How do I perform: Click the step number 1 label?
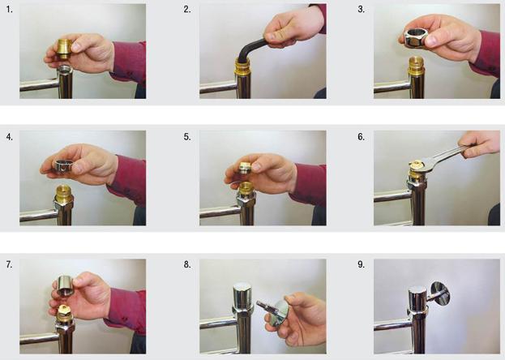click(x=10, y=10)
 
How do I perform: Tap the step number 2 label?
click(x=187, y=10)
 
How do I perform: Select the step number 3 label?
click(x=361, y=10)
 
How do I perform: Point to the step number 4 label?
click(x=10, y=137)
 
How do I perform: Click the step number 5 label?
click(x=187, y=137)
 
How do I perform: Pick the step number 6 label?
click(x=361, y=137)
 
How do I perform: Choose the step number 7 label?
click(x=10, y=264)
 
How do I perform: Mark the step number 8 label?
click(x=187, y=264)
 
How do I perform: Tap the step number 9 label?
click(x=361, y=264)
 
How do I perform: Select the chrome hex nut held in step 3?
click(x=416, y=37)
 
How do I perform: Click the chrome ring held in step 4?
click(x=64, y=165)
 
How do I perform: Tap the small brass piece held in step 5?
click(x=245, y=168)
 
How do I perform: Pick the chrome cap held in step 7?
click(x=66, y=285)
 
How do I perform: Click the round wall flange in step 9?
click(x=440, y=294)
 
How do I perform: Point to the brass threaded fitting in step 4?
click(x=64, y=195)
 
